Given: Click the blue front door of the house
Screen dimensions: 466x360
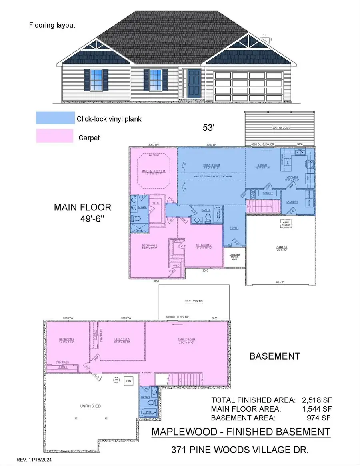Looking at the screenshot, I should [194, 84].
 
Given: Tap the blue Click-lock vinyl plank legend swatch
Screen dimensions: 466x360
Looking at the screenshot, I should [55, 118].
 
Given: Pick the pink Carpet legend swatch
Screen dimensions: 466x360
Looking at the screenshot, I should [55, 136].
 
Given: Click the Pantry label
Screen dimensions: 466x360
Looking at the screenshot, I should [268, 193].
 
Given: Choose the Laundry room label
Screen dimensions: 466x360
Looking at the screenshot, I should [292, 202].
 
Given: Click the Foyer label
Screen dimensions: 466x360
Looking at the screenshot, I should [234, 228].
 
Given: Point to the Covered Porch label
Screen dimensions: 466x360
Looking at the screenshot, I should [234, 256].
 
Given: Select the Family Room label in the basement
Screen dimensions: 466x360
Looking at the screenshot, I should [186, 341].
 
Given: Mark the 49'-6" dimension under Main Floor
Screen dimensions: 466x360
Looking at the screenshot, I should [94, 220].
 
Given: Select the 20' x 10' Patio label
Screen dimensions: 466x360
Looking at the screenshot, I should [194, 301].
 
